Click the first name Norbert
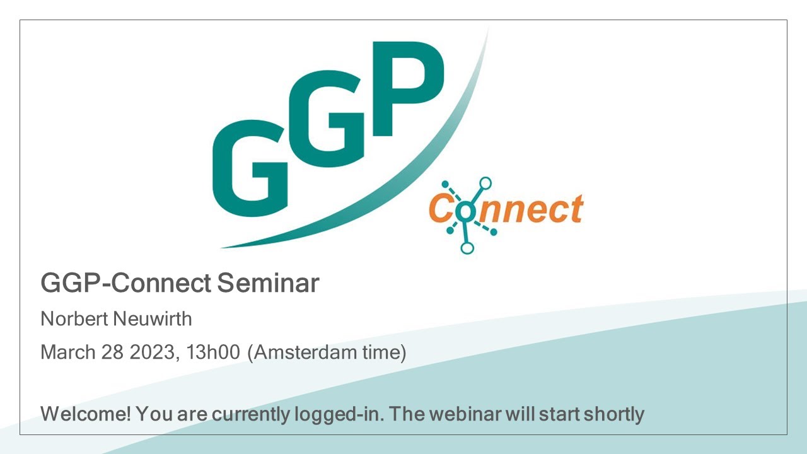point(74,319)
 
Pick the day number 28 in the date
point(112,352)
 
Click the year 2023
point(152,352)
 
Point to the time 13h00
point(211,352)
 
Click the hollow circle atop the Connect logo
point(485,183)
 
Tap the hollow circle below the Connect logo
point(467,248)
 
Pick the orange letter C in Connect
point(441,210)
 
